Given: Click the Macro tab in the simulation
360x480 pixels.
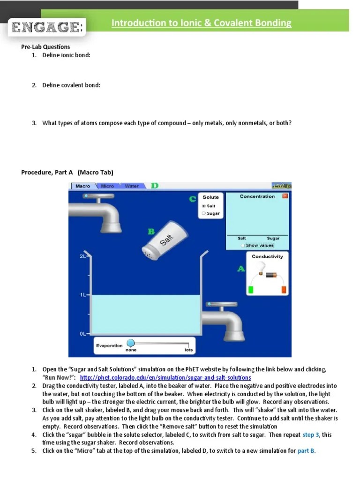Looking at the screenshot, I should (83, 186).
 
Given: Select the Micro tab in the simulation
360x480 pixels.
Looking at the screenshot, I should (107, 186).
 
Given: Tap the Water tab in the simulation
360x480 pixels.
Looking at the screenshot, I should (132, 186).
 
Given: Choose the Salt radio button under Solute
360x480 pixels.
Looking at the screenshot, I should (204, 206).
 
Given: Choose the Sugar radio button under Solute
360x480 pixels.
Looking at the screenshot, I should (204, 213).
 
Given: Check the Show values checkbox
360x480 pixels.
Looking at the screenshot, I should (242, 245).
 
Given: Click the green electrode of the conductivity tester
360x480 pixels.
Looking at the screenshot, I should (251, 289).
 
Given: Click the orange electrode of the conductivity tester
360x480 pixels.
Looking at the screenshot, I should (284, 289).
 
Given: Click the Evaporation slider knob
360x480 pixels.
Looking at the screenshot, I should (131, 343).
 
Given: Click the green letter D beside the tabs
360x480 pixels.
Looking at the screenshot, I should (155, 186).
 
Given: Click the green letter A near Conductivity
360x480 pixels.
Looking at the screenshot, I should (241, 269).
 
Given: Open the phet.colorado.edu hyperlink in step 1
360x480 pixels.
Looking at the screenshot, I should (165, 377).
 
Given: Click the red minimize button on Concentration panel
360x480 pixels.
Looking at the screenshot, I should (285, 196).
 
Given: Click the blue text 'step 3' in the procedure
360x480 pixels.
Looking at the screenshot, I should (310, 435).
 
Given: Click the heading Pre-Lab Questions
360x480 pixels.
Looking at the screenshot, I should (45, 47).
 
